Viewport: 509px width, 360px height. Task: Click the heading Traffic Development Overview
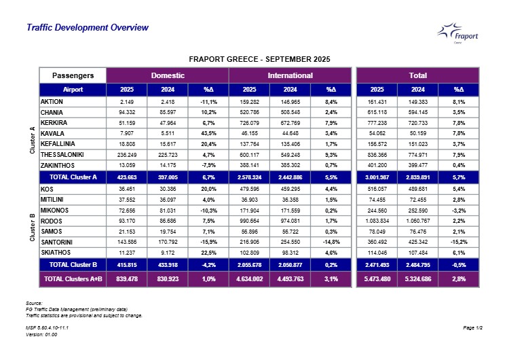[87, 28]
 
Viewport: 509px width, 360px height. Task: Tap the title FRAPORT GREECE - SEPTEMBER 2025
[259, 60]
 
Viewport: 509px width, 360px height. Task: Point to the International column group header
[290, 75]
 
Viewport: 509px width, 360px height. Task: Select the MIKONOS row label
[55, 211]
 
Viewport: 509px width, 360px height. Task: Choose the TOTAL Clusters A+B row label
[73, 278]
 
